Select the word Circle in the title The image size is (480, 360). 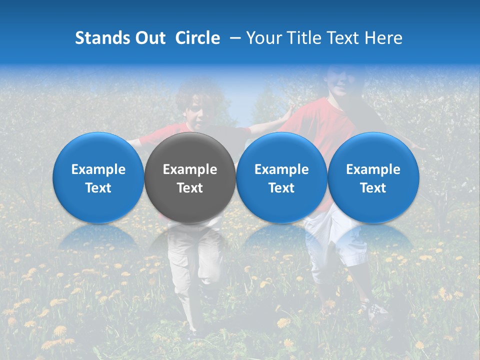point(197,38)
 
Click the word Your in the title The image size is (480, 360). point(262,38)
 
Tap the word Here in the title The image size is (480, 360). point(383,38)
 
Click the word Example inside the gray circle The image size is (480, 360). point(190,169)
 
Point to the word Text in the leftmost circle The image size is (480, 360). point(98,188)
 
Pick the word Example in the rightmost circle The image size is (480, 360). point(373,169)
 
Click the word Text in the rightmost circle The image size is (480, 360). point(373,188)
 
